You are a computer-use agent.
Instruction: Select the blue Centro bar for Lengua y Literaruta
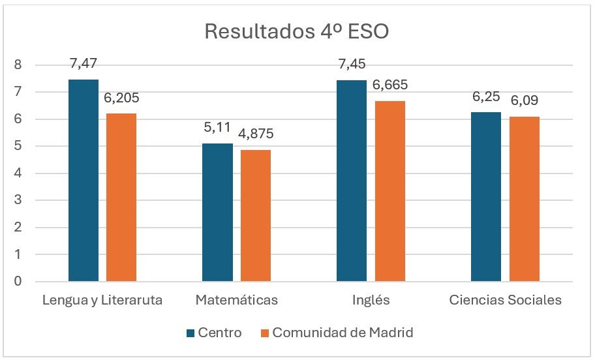[x=84, y=181]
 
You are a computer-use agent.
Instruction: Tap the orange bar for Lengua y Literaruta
[x=121, y=198]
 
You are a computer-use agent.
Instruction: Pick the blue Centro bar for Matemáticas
[x=217, y=213]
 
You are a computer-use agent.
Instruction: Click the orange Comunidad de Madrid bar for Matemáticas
[x=256, y=216]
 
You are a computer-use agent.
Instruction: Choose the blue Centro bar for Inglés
[x=352, y=181]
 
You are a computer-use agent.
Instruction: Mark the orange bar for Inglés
[x=390, y=192]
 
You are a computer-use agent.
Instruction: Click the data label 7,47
[x=84, y=65]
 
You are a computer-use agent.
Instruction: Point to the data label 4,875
[x=256, y=134]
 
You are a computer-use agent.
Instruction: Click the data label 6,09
[x=525, y=102]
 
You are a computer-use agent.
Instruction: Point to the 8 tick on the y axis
[x=18, y=65]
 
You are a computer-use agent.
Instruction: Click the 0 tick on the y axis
[x=18, y=282]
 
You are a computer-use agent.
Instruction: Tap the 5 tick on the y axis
[x=18, y=146]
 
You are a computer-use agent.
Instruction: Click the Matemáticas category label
[x=236, y=301]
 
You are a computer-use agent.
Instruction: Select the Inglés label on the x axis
[x=371, y=301]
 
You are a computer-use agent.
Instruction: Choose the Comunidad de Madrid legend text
[x=343, y=333]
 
